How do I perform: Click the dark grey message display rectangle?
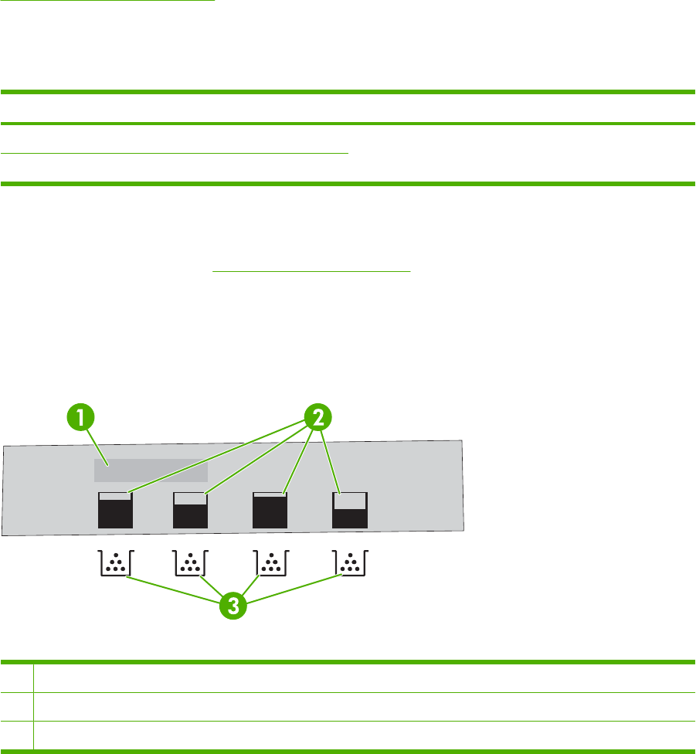coord(151,470)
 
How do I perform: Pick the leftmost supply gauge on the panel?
coord(116,510)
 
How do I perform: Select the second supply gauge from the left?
coord(191,510)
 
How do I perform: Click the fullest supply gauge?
coord(270,510)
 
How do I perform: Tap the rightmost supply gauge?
coord(350,510)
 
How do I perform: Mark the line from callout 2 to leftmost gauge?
coord(216,455)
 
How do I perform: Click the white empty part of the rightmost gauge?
coord(350,501)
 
